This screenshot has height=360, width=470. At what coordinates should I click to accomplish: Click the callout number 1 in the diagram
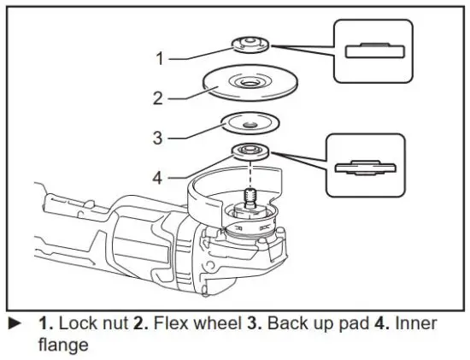159,59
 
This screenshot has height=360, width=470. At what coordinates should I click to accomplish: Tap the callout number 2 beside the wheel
159,98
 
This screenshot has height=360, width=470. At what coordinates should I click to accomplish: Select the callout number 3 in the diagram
159,136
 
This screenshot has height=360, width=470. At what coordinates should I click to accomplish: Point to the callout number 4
159,178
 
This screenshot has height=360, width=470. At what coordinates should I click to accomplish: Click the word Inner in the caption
417,324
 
